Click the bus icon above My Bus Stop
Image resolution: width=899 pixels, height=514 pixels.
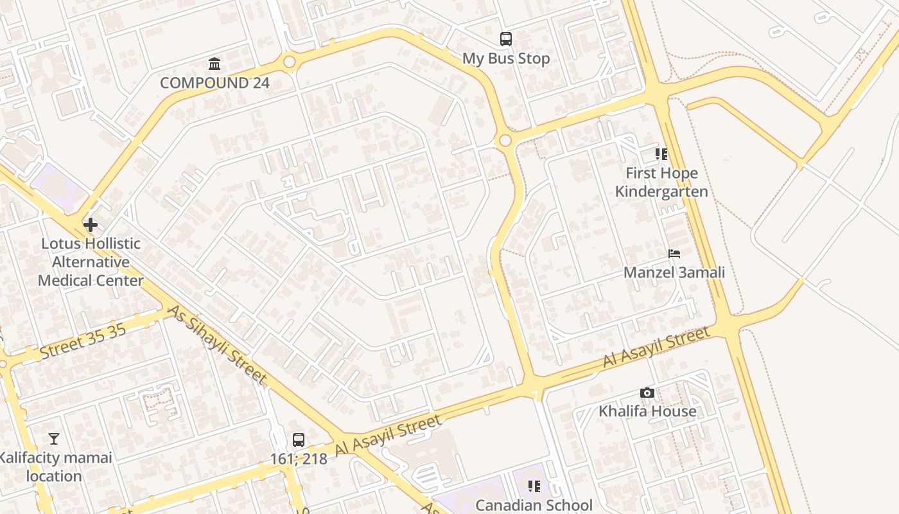point(506,39)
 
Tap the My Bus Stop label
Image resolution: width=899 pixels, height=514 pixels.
point(506,58)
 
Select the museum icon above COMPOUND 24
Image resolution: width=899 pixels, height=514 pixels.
point(214,64)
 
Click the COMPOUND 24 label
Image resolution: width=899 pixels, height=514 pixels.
point(214,83)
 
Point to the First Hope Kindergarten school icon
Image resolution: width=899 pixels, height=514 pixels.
point(661,154)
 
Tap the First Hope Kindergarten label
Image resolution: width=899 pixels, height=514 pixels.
point(661,182)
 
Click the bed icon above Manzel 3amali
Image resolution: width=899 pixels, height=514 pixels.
point(674,253)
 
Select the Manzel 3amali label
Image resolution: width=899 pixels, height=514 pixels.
point(674,272)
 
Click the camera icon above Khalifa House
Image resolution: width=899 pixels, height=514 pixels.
point(647,393)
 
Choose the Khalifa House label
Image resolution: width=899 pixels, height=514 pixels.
point(647,411)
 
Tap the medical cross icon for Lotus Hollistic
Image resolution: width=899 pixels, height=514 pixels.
point(91,225)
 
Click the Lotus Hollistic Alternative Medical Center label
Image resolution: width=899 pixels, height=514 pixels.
point(91,262)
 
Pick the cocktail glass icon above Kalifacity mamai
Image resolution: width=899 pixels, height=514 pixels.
point(54,439)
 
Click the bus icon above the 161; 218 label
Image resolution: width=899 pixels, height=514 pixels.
point(299,440)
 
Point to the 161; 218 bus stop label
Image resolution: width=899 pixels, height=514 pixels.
point(299,459)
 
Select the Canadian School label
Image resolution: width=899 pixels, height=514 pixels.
point(534,505)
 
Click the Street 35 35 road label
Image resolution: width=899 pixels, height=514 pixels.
point(83,342)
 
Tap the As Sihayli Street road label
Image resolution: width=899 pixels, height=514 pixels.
point(218,345)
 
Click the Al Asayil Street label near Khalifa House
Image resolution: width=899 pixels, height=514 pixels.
point(656,347)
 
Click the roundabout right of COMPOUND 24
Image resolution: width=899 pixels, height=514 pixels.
point(289,62)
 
